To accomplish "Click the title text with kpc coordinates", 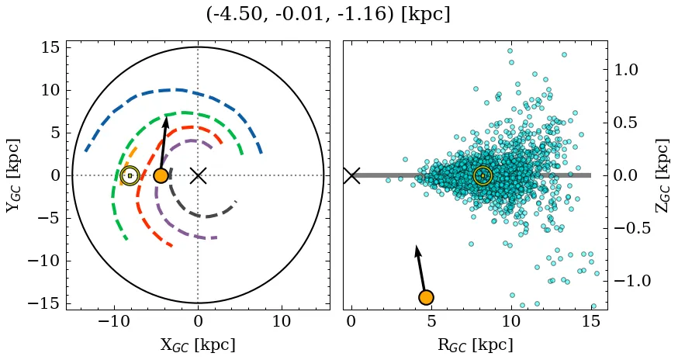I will [328, 15].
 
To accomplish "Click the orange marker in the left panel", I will [161, 175].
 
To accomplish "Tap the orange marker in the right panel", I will [426, 297].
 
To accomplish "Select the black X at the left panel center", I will [198, 175].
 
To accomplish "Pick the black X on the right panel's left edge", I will [351, 175].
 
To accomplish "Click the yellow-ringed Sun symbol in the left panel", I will [130, 176].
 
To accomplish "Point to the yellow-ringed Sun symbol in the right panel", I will [483, 176].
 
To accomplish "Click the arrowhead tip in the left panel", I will [166, 117].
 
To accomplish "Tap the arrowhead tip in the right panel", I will [417, 246].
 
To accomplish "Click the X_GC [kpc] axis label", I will [198, 344].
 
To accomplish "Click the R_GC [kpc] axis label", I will [475, 344].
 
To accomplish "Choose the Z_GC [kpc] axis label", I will [662, 175].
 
